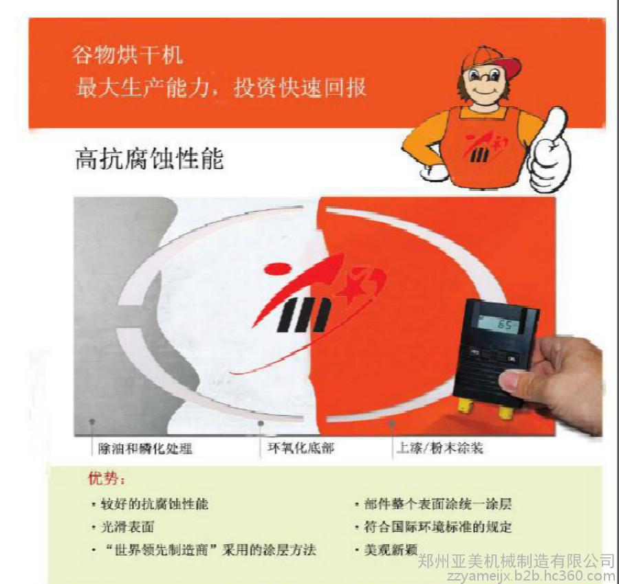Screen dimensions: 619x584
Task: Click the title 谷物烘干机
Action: tap(127, 55)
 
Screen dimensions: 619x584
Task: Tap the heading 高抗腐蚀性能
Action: tap(149, 159)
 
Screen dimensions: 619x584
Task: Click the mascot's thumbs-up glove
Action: tap(550, 151)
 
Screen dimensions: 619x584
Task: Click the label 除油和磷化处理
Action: tap(145, 449)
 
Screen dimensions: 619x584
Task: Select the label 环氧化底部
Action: tap(301, 448)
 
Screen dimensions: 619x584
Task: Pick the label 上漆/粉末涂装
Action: tap(439, 448)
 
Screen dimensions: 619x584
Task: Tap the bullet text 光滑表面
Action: tap(127, 527)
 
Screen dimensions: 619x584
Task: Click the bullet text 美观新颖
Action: tap(391, 550)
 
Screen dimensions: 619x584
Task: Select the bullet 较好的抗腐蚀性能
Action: tap(154, 504)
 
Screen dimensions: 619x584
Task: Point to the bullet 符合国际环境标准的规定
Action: tap(438, 527)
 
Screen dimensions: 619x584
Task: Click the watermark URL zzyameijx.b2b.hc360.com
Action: tap(532, 576)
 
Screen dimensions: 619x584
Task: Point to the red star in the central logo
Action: tap(351, 289)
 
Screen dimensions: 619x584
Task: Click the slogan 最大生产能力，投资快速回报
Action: tap(221, 87)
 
